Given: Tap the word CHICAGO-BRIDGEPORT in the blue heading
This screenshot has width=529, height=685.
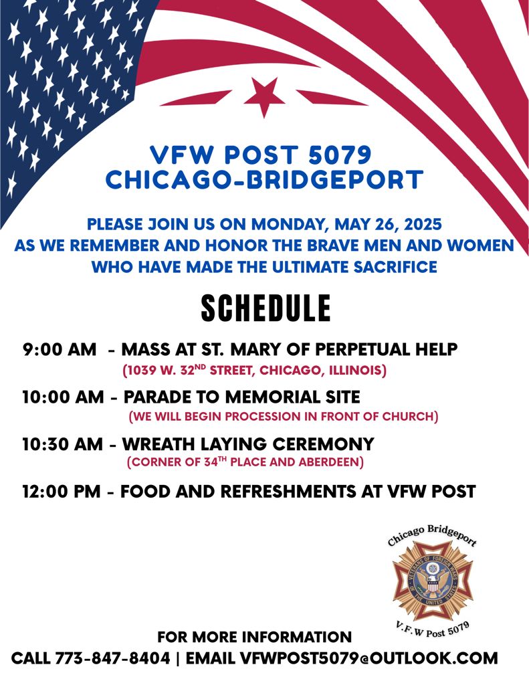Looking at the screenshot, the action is pos(264,179).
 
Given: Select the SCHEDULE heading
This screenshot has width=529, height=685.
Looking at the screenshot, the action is pos(266,308).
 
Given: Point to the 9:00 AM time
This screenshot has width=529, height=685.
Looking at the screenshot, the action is pos(60,349).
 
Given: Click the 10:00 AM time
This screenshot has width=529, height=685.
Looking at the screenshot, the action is pos(64,397).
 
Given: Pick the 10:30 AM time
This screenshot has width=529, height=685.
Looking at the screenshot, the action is pos(63,444).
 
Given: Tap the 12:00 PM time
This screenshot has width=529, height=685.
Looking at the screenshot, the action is pos(62,492).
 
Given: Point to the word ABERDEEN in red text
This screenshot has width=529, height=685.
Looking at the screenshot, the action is pos(330,462).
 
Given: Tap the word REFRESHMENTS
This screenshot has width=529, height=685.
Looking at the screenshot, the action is pos(288,492).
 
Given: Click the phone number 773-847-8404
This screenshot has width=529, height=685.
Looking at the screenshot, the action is pos(113,658).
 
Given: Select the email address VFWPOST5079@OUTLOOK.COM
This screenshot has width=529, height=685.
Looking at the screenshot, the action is pos(369,658).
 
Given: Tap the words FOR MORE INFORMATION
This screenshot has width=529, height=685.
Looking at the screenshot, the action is pos(254,637).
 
